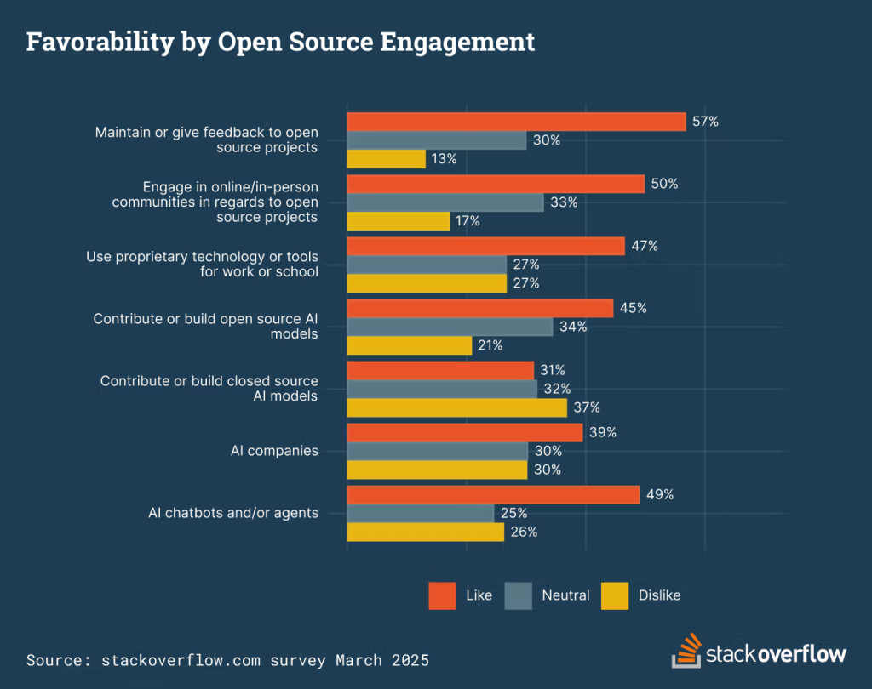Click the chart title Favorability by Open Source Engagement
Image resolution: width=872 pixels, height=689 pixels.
click(280, 42)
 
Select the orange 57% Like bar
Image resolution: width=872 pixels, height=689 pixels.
click(516, 122)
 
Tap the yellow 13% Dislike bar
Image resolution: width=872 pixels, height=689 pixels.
click(386, 159)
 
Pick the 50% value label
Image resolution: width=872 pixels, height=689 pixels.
click(664, 184)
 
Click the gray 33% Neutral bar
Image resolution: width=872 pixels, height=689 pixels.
click(445, 202)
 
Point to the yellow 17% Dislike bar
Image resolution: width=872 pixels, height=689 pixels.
click(398, 221)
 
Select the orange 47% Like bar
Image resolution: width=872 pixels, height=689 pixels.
click(485, 246)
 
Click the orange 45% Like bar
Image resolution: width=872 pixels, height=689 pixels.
click(479, 308)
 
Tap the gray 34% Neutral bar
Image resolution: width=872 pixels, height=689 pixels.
click(450, 327)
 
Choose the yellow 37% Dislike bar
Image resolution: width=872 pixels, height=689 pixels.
click(456, 408)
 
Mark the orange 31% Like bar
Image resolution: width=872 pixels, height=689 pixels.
click(440, 370)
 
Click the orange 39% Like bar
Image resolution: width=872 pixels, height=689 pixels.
click(464, 432)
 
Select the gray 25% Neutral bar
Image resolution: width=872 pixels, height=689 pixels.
click(420, 513)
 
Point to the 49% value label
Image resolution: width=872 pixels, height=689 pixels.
click(660, 494)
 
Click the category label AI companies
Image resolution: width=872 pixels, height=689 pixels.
click(274, 451)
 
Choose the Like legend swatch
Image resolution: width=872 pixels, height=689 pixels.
click(443, 595)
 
